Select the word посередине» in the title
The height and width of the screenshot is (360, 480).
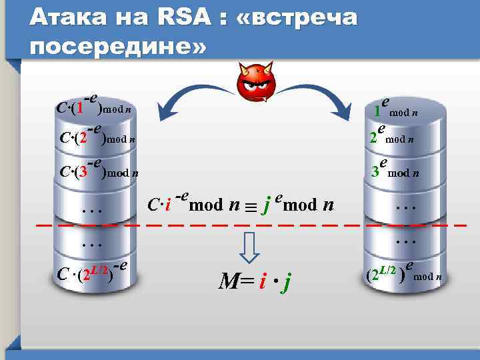(x=119, y=47)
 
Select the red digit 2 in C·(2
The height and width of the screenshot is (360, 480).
(x=82, y=139)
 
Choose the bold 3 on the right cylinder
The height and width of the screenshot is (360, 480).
(x=376, y=172)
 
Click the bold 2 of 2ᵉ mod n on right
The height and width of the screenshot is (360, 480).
(x=374, y=139)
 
